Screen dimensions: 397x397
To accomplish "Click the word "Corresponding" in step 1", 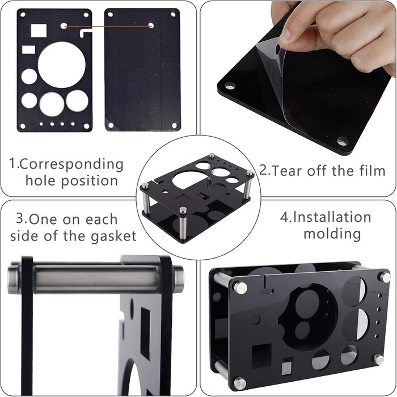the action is [x=71, y=164].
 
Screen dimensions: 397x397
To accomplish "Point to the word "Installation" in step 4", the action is [x=332, y=217].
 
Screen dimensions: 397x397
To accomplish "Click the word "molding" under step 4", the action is [x=332, y=234].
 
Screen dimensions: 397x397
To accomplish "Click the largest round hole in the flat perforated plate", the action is [x=62, y=65].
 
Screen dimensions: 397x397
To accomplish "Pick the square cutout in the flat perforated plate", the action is [x=39, y=31].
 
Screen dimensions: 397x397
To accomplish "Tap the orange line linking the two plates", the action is [x=107, y=26].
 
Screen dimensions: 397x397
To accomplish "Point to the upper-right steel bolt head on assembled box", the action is [x=385, y=277].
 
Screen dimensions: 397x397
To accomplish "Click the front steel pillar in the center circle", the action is [x=183, y=223].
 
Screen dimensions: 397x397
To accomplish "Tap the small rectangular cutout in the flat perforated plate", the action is [x=28, y=50].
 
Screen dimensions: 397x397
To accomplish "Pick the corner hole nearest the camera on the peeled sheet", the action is [x=343, y=141].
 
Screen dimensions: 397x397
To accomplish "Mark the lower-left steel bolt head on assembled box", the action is [x=239, y=383].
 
